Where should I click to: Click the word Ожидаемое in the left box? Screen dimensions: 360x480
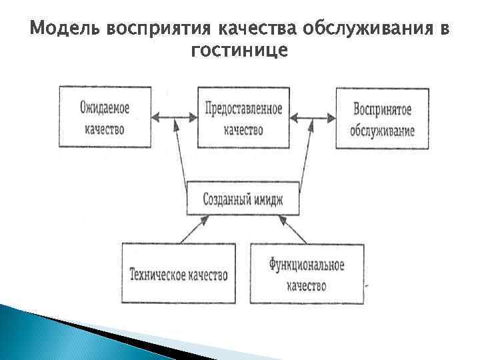coord(105,106)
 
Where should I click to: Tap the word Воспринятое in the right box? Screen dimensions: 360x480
coord(382,108)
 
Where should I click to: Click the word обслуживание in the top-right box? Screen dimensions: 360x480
coord(382,129)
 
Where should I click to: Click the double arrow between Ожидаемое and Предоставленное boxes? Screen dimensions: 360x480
coord(174,119)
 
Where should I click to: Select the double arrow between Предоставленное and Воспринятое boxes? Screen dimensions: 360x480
coord(312,119)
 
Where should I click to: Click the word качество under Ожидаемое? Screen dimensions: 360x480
coord(105,128)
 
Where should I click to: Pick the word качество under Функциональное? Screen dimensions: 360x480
coord(307,286)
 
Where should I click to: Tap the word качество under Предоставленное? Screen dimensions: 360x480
coord(243,129)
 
